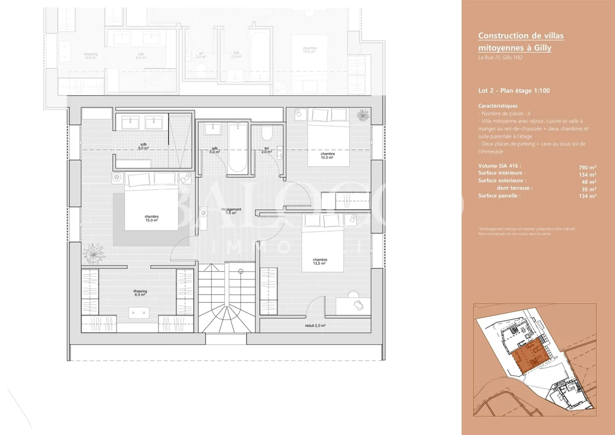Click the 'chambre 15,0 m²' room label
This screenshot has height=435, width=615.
click(152, 218)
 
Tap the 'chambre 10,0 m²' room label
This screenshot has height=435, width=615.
click(328, 156)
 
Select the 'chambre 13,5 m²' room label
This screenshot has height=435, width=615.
click(320, 262)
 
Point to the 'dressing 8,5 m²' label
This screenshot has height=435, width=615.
click(140, 293)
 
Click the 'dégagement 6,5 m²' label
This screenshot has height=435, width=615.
click(231, 211)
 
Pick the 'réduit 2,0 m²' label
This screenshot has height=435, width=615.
click(315, 326)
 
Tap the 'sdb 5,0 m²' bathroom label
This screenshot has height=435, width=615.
click(143, 146)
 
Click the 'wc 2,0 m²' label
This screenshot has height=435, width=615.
click(266, 150)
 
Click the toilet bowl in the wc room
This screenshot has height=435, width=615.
click(267, 133)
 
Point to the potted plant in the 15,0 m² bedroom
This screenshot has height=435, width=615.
click(94, 253)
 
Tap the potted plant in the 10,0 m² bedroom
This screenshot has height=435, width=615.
click(363, 115)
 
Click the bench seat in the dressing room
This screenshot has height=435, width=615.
click(139, 313)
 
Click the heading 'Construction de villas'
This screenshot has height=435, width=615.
click(521, 36)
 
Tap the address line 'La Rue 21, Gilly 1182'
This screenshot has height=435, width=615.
click(500, 58)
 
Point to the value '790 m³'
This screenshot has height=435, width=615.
click(587, 168)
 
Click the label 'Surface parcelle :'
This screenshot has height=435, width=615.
click(499, 196)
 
